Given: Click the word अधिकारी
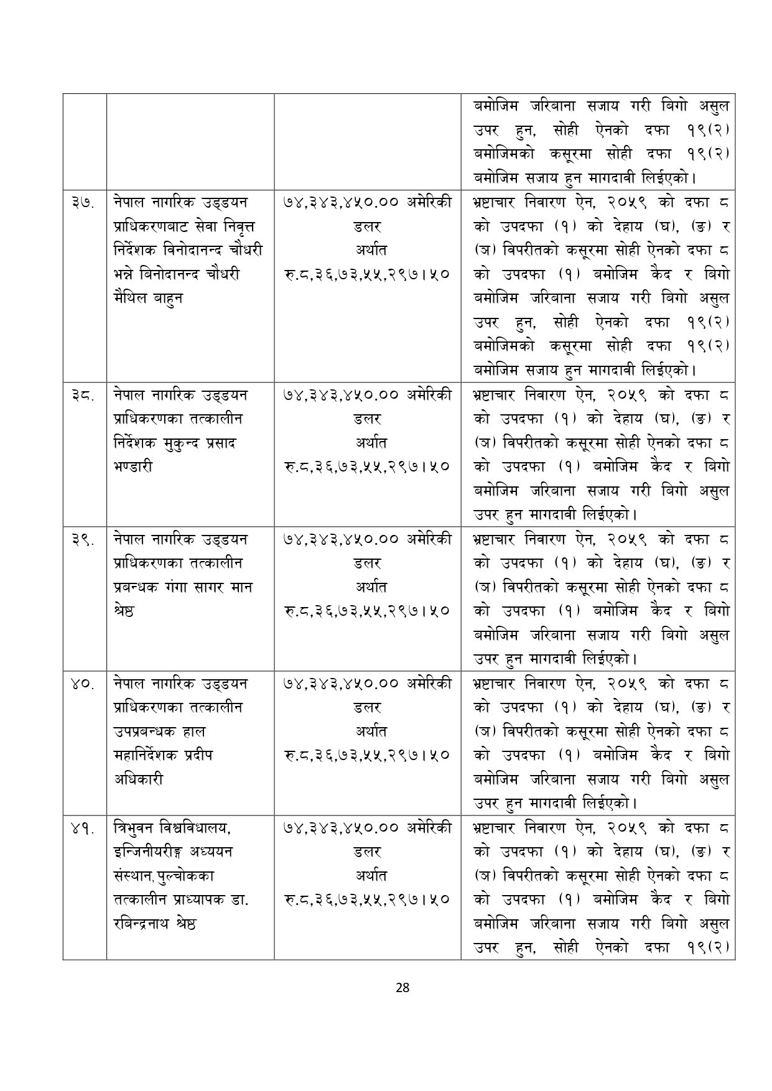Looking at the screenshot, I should tap(138, 779).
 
